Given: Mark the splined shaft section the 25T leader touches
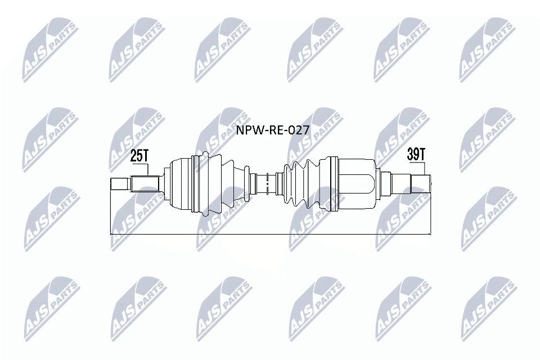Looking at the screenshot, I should [146, 184].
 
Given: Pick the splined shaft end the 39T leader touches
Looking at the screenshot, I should [420, 183].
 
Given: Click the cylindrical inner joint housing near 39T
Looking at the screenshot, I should [357, 183].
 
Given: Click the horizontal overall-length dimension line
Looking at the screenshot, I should [270, 233].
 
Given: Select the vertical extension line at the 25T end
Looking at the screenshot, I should [110, 214].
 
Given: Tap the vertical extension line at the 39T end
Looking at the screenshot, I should [430, 214].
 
